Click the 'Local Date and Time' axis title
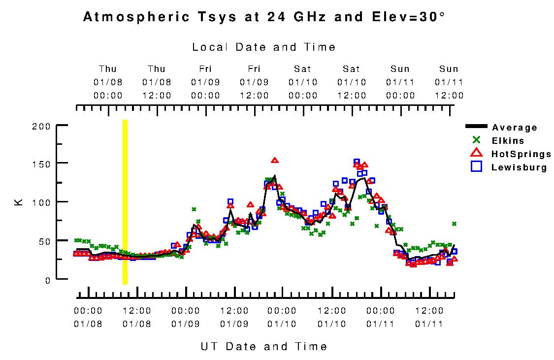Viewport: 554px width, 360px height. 264,47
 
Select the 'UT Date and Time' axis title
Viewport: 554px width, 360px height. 264,346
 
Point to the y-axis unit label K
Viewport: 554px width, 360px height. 19,202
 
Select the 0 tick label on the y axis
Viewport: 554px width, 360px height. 48,280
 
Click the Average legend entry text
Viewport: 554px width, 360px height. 515,128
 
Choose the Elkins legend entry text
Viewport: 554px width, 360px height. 508,141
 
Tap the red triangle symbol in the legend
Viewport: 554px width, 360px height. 476,154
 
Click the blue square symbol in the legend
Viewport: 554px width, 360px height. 476,167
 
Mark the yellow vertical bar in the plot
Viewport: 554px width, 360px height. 125,202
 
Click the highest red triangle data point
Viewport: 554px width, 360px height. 275,160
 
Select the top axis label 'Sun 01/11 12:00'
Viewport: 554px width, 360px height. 449,82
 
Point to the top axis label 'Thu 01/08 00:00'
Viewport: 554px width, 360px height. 108,82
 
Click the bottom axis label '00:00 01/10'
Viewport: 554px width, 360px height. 282,317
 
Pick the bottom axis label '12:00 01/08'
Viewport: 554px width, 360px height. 136,317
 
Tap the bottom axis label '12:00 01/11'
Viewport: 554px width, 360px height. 429,317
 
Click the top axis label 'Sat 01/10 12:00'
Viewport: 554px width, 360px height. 352,82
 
